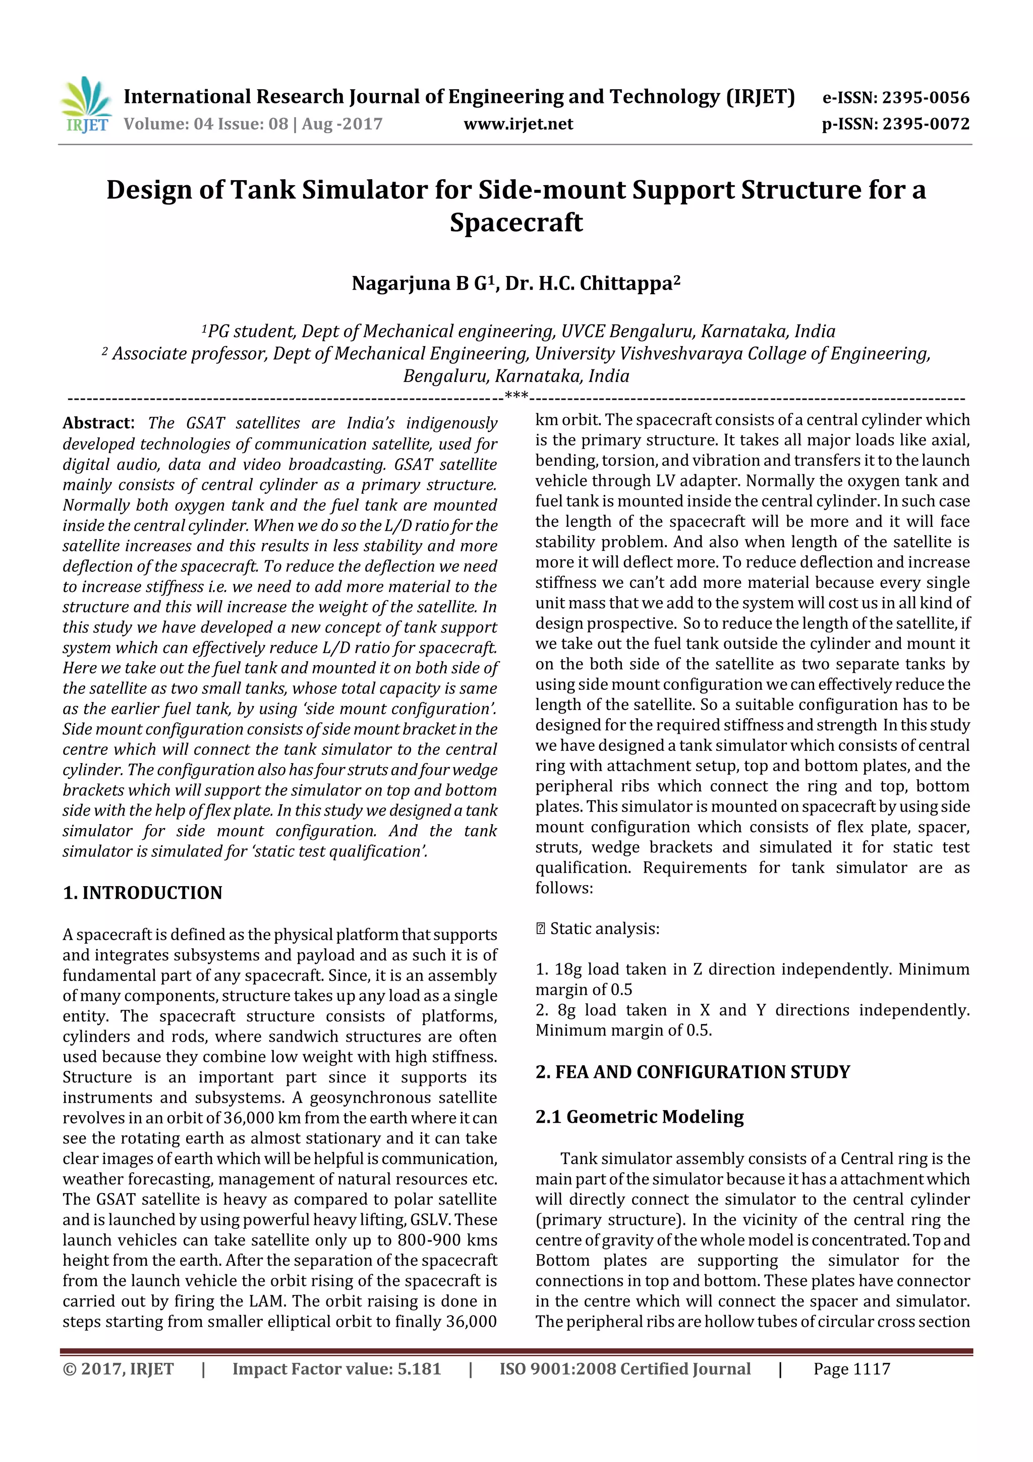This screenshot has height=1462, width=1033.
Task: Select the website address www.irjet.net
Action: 518,124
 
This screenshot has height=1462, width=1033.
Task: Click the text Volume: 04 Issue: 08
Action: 206,124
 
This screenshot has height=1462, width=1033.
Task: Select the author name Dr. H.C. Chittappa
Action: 589,283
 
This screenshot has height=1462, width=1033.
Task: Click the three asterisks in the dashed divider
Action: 516,396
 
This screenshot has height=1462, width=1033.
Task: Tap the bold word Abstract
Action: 97,423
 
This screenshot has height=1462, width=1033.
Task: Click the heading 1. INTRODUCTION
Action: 143,893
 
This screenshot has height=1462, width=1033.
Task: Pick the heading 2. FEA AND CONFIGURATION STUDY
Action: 693,1072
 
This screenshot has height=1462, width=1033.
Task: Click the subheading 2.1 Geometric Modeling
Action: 639,1117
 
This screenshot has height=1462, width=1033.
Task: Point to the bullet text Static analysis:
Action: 604,929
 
